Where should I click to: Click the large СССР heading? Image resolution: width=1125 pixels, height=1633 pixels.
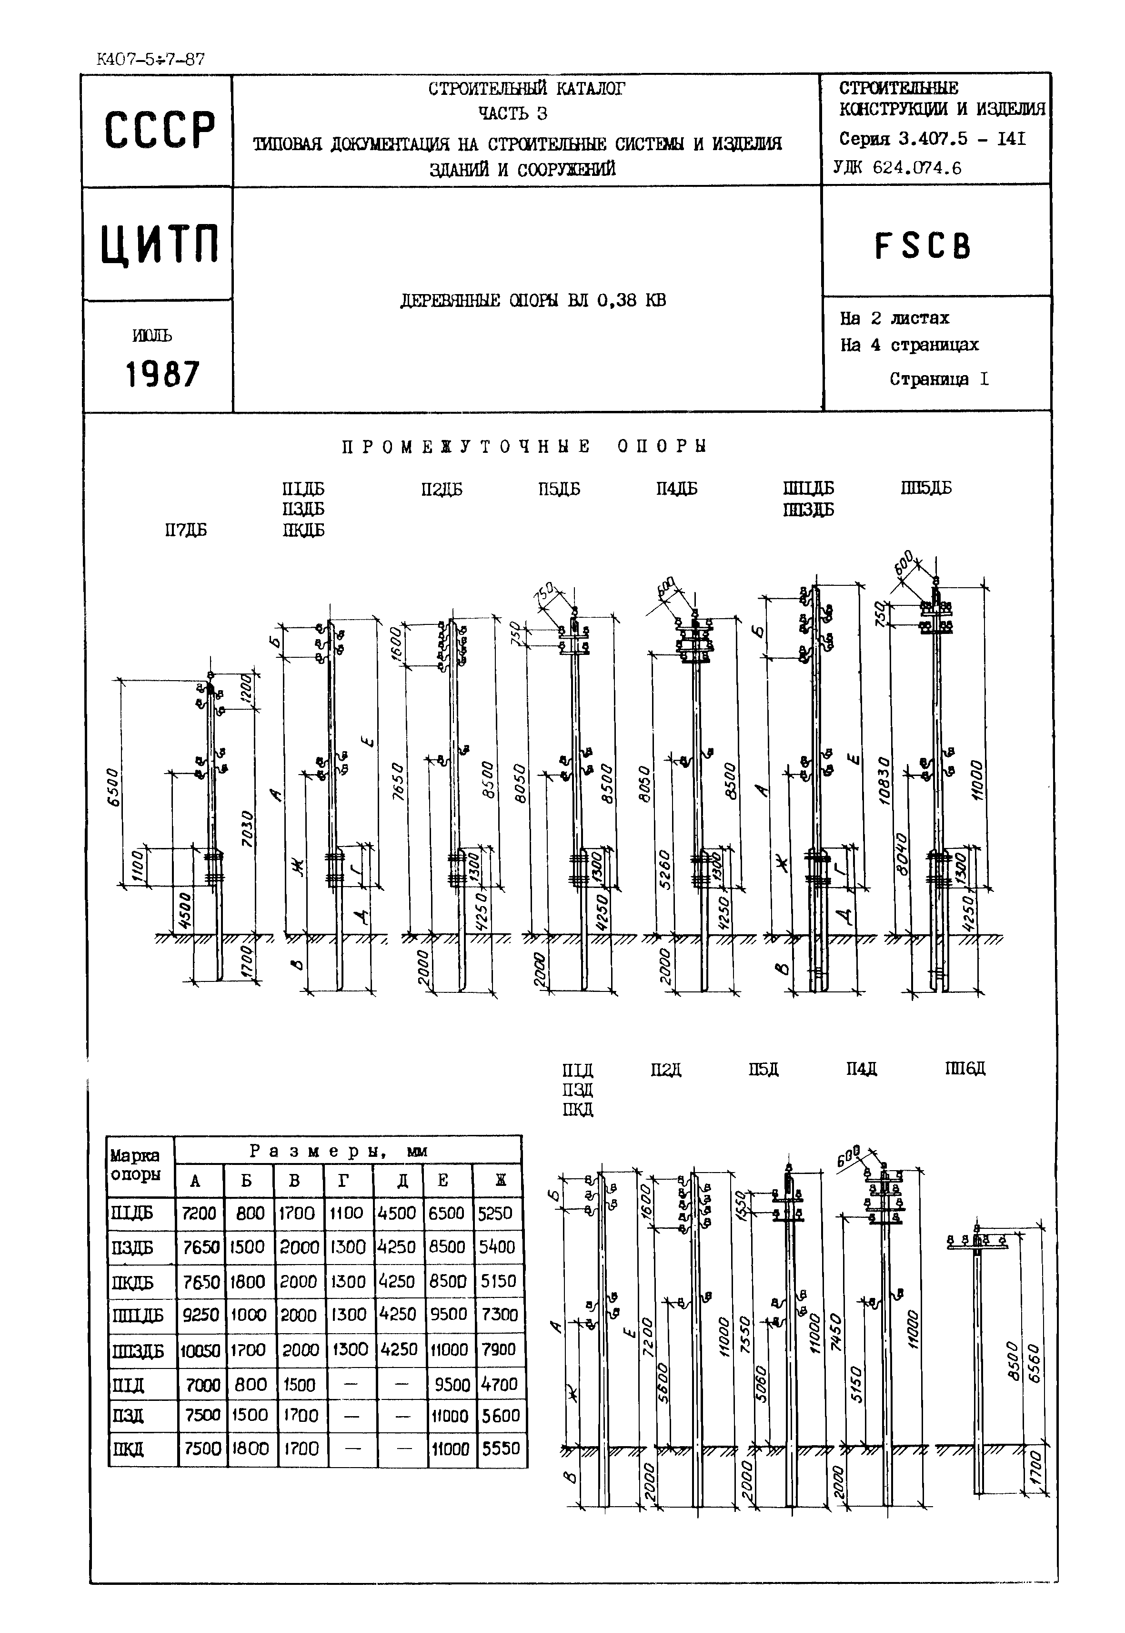tap(159, 131)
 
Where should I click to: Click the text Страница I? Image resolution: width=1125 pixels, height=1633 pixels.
tap(939, 379)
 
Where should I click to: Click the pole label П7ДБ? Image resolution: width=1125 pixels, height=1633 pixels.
tap(186, 531)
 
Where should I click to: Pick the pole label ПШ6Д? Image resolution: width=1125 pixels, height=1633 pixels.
tap(964, 1070)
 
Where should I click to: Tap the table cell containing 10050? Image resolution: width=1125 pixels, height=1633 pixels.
tap(200, 1351)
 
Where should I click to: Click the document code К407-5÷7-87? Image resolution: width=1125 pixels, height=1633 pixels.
tap(150, 59)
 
